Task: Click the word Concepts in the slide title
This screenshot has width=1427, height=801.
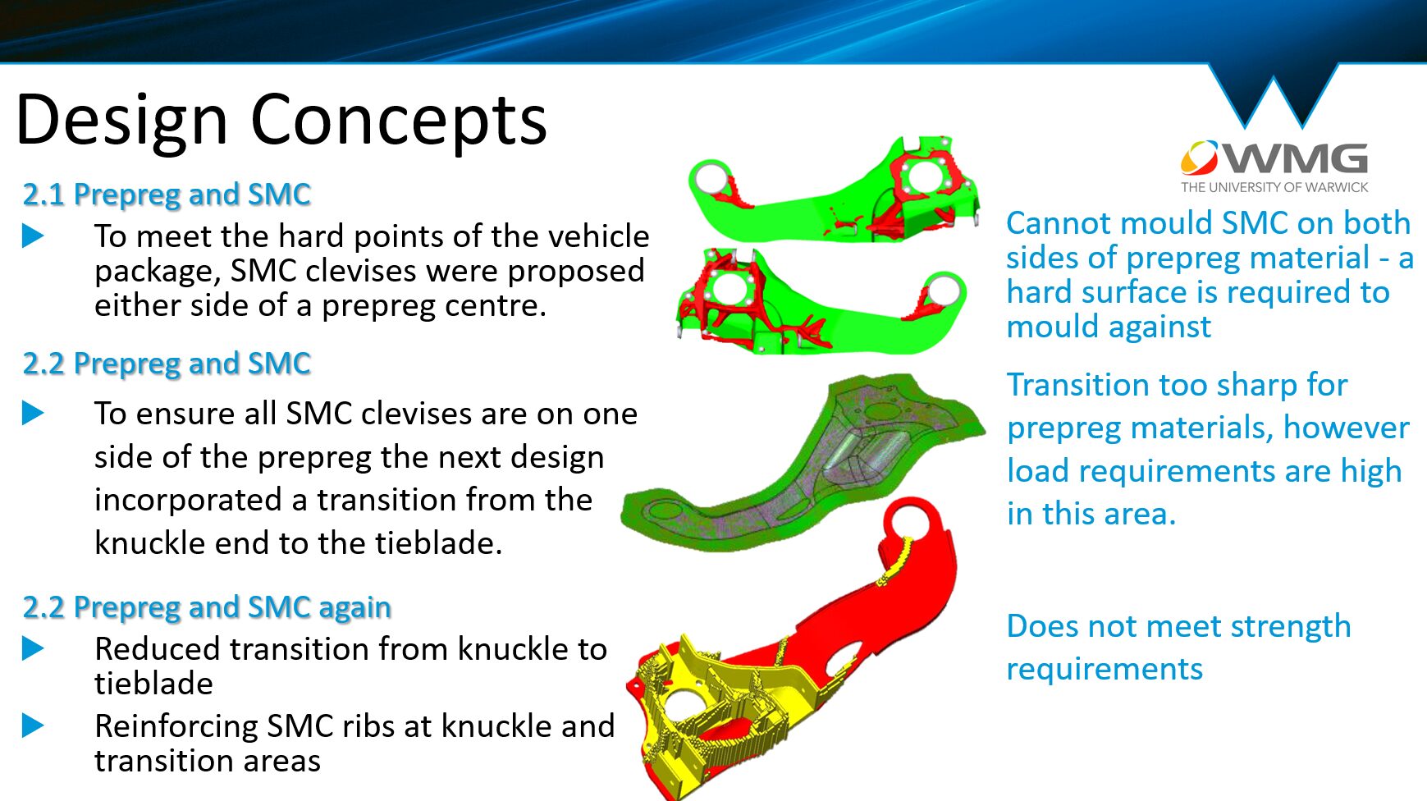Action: coord(398,120)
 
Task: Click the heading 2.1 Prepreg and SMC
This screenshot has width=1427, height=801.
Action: coord(167,195)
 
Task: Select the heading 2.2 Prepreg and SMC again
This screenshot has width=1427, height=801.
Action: coord(207,607)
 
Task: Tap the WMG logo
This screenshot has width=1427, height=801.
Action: coord(1274,158)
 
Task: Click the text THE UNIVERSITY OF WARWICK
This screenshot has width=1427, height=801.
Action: coord(1274,187)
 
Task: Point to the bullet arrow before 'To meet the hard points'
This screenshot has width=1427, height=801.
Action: coord(33,236)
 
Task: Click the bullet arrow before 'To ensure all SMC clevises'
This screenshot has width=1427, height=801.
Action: coord(33,413)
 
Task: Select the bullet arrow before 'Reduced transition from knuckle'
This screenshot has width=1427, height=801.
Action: coord(33,649)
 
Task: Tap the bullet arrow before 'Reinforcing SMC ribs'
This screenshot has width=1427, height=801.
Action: coord(33,725)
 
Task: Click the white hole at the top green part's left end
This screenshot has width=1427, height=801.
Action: coord(710,178)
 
